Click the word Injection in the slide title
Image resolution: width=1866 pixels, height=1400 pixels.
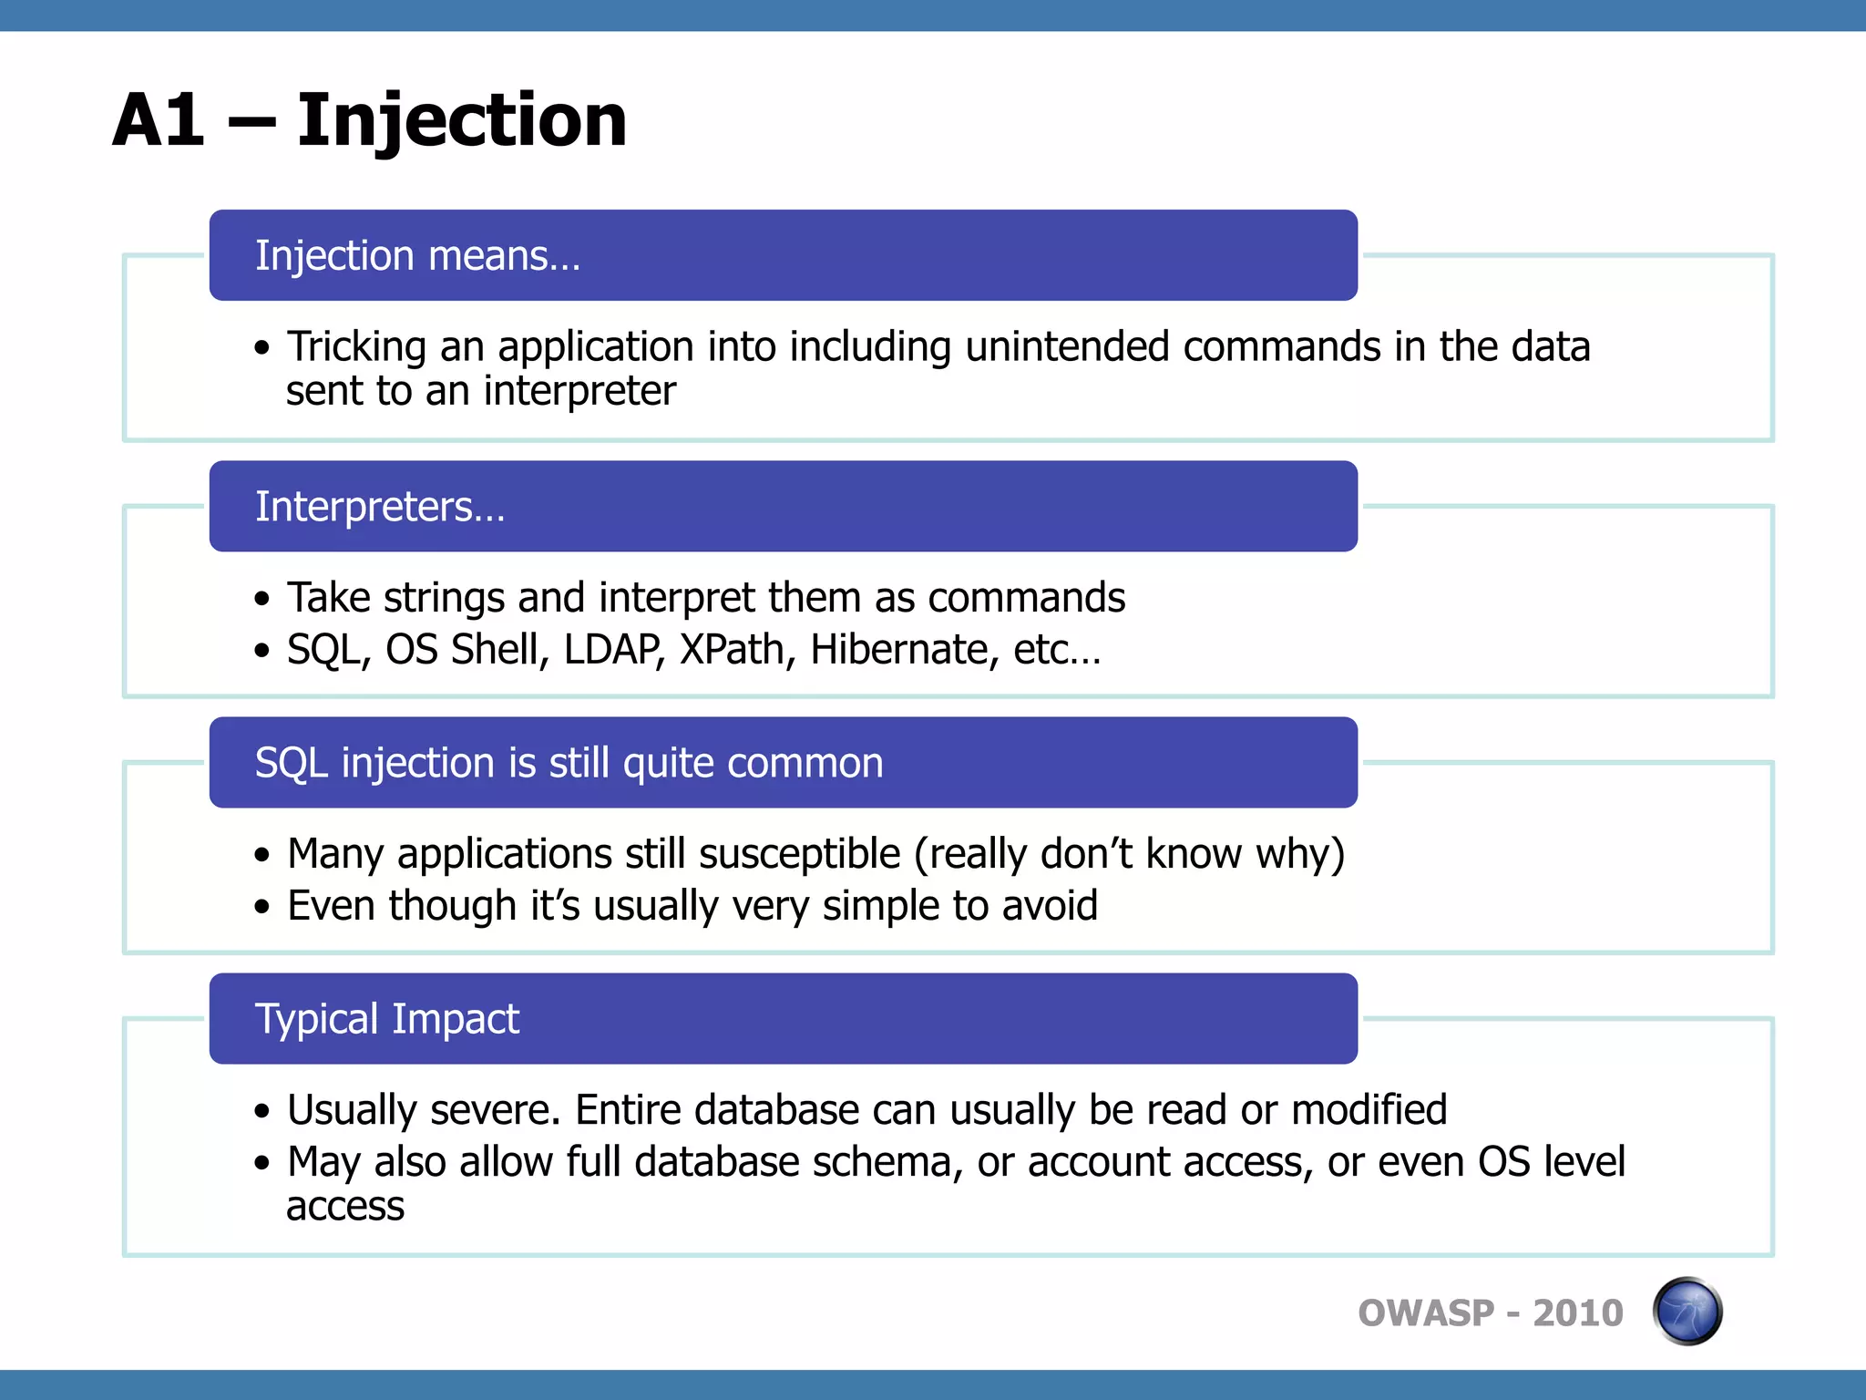(461, 121)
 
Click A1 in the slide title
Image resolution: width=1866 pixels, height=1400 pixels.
(159, 121)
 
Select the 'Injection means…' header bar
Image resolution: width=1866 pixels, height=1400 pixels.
(783, 256)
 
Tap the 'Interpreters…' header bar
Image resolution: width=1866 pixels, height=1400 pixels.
(783, 507)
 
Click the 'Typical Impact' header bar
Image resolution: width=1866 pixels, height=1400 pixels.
(783, 1019)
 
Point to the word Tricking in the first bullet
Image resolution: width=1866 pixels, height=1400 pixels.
(356, 347)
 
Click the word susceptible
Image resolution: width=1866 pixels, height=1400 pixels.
(799, 855)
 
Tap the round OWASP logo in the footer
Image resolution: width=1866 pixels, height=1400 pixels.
(1687, 1312)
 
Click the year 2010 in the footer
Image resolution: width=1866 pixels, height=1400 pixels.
(1578, 1313)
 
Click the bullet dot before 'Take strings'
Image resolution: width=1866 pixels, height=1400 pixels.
(262, 599)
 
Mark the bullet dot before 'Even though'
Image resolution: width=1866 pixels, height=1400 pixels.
(262, 907)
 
